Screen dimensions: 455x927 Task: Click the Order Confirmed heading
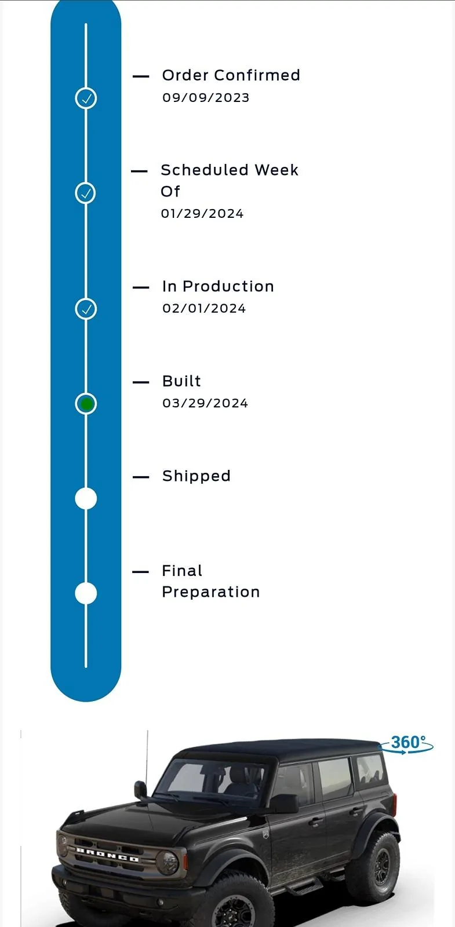click(231, 75)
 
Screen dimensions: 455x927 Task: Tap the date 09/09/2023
click(206, 98)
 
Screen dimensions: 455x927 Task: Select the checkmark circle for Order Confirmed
click(86, 98)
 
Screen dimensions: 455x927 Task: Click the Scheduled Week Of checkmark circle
click(85, 193)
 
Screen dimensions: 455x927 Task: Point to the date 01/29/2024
click(202, 214)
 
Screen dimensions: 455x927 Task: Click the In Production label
click(218, 286)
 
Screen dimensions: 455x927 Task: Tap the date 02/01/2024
click(204, 308)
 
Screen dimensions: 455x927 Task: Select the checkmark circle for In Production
click(86, 309)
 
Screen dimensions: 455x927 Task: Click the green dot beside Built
click(86, 404)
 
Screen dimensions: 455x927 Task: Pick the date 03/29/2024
click(205, 403)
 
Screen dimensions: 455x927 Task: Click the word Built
click(181, 381)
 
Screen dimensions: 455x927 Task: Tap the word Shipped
click(196, 476)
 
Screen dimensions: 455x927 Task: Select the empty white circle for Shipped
click(86, 498)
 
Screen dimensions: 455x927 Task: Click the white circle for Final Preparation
click(86, 593)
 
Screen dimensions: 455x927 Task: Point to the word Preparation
click(211, 592)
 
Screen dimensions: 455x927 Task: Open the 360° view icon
click(407, 744)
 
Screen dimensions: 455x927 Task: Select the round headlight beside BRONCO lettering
click(167, 862)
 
